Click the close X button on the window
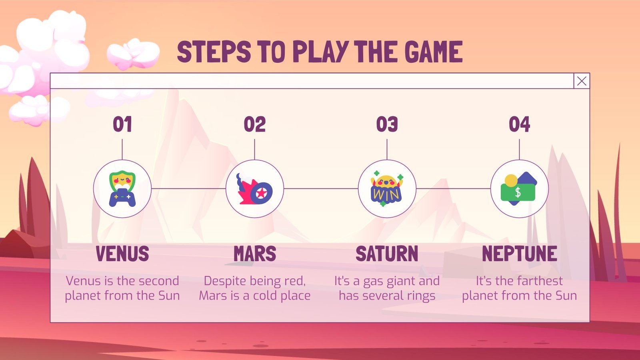coord(582,81)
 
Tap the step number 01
coord(122,124)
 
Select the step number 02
coord(255,124)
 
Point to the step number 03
coord(387,124)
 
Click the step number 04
coord(519,124)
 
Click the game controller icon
coord(122,189)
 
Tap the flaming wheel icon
coord(255,189)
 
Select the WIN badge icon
coord(387,189)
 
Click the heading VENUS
coord(122,254)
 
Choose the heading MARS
coord(255,254)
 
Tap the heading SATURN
coord(387,254)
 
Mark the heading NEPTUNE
coord(519,254)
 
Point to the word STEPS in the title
coord(214,52)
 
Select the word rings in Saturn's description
coord(420,296)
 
